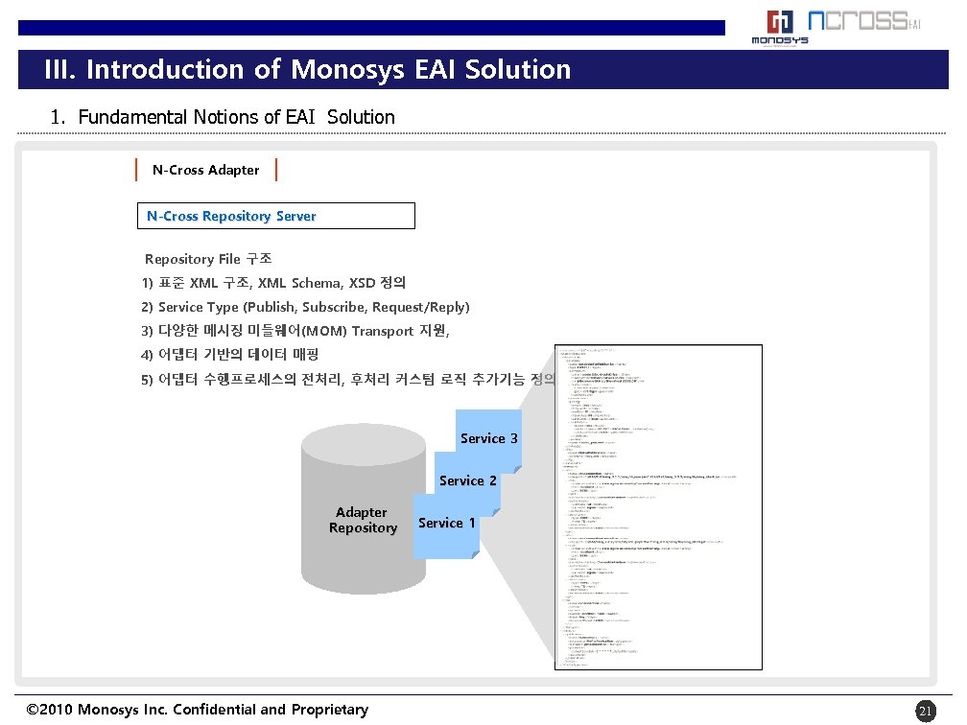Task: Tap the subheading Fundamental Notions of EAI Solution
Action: pos(223,118)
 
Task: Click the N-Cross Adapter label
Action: pos(205,171)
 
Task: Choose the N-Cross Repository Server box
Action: pos(275,217)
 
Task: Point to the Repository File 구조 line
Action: pos(208,260)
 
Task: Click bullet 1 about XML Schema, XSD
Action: pos(273,284)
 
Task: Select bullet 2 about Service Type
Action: pos(305,308)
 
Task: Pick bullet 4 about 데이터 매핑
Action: pos(236,356)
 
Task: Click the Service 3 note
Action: pos(488,439)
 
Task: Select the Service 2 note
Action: pos(467,481)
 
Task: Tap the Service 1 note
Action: pos(446,524)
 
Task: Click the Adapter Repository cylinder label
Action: pos(363,521)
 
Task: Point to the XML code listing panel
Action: pos(658,508)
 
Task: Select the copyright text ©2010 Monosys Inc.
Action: pos(198,711)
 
